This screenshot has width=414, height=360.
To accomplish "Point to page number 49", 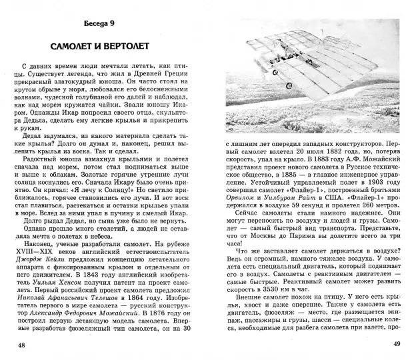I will tap(393, 345).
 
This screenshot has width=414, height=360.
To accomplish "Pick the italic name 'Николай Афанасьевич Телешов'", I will tap(75, 317).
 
